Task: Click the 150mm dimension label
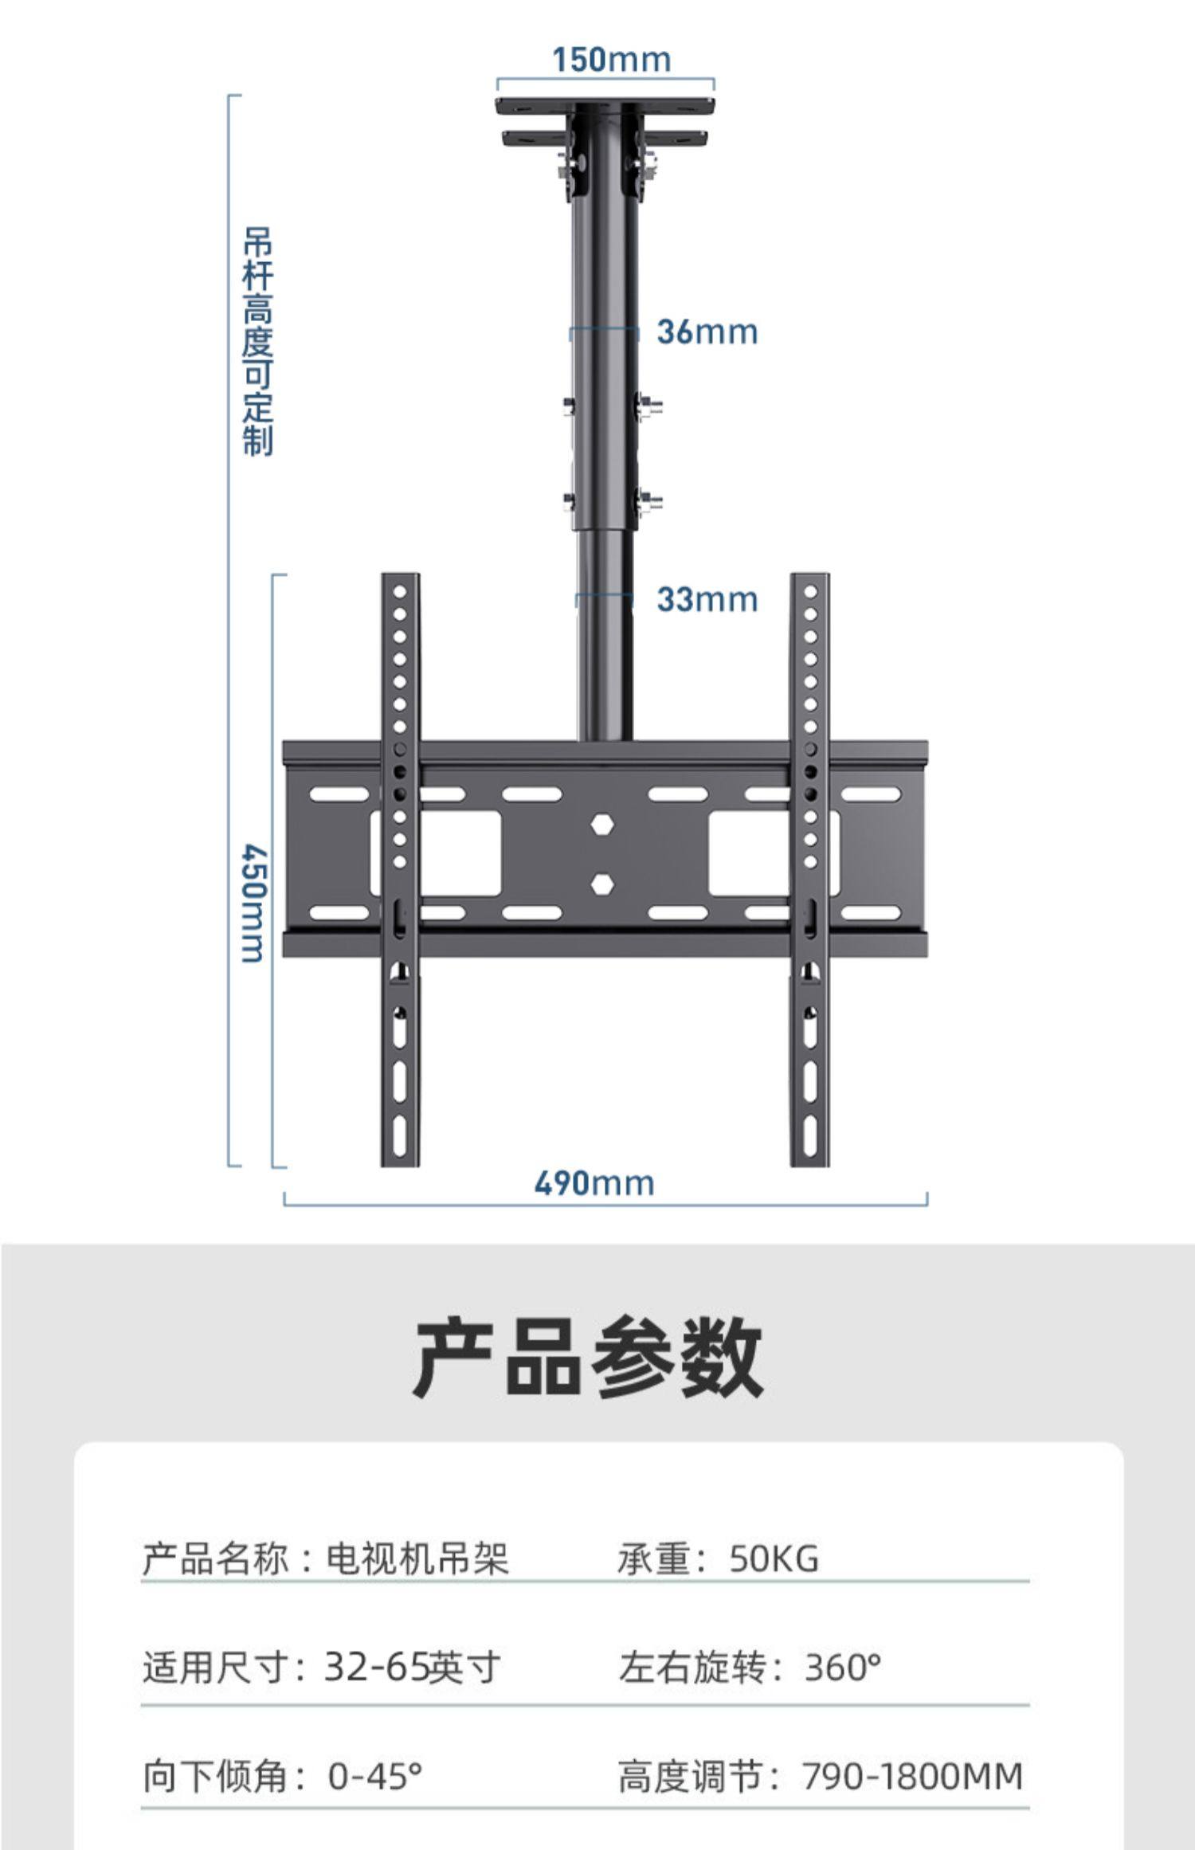(x=611, y=60)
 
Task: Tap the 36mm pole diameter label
(x=707, y=332)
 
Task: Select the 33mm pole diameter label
(x=707, y=599)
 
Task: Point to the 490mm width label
(x=594, y=1183)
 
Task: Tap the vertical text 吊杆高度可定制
(x=257, y=341)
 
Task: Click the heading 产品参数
(x=588, y=1357)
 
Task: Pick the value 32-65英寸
(x=412, y=1667)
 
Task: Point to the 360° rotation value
(x=842, y=1667)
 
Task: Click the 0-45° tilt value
(x=374, y=1776)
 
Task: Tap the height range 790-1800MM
(x=912, y=1776)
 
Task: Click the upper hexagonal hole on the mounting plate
(x=603, y=825)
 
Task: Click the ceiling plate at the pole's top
(x=605, y=106)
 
